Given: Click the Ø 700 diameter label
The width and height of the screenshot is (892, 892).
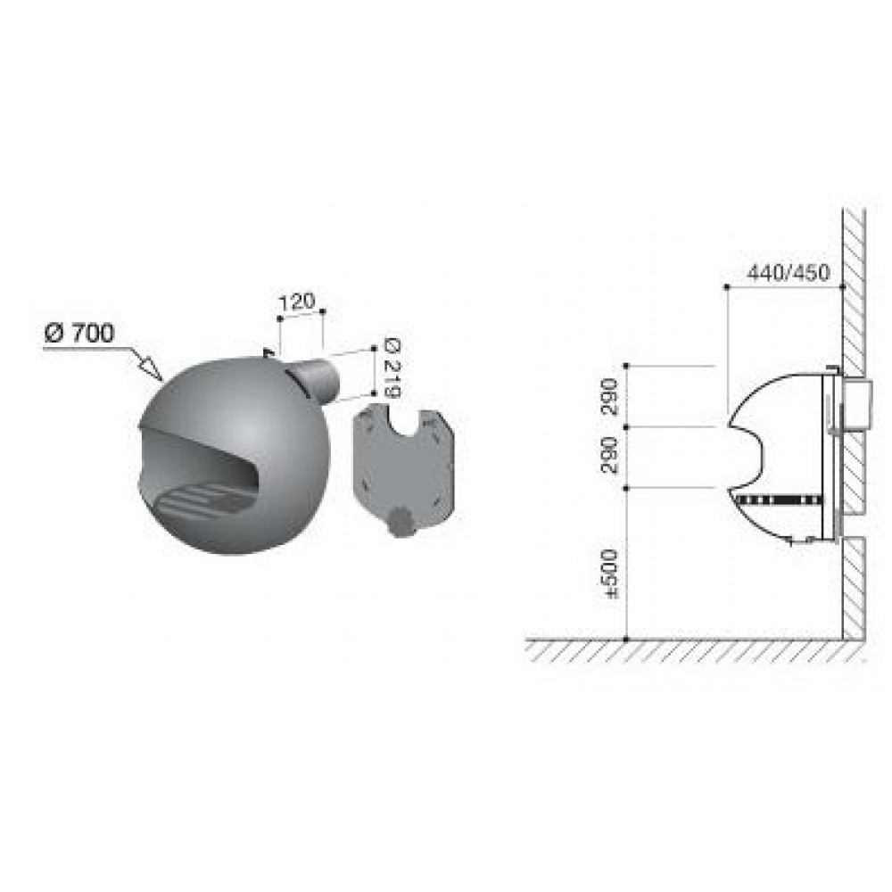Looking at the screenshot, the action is pyautogui.click(x=79, y=334).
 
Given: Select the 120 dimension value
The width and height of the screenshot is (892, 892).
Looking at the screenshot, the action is pyautogui.click(x=296, y=301).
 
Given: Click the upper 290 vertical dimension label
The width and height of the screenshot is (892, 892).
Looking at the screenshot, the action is pyautogui.click(x=609, y=396).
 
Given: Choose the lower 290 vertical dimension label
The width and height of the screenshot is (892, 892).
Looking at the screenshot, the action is pyautogui.click(x=609, y=456).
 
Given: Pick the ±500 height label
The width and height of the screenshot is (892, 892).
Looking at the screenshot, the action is pyautogui.click(x=611, y=574).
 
